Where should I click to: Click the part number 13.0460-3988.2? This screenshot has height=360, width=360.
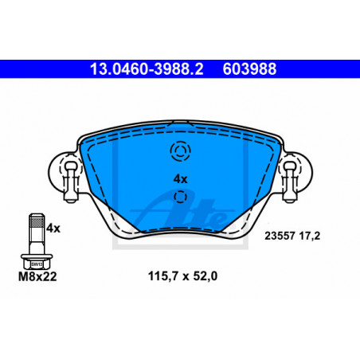point(147,69)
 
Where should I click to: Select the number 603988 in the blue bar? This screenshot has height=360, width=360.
point(249,69)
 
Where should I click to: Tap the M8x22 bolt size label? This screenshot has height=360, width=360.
point(37,276)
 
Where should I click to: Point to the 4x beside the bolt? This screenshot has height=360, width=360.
point(53,228)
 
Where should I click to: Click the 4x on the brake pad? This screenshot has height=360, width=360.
point(180,179)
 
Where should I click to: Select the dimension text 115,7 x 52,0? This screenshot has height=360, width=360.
point(182,276)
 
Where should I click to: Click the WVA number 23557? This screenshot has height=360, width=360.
point(280,236)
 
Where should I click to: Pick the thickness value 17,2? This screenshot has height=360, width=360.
point(310,236)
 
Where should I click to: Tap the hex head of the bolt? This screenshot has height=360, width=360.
point(37,264)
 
